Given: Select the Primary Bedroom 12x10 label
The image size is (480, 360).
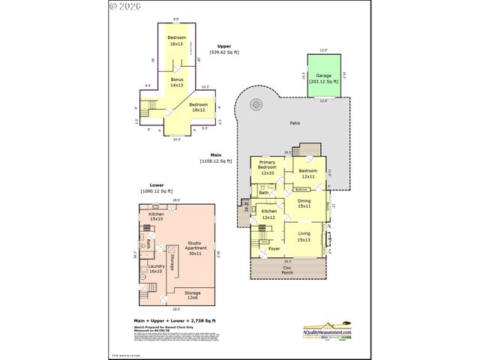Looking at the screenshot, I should point(266,167).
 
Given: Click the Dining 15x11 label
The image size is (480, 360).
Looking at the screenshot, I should point(304,202).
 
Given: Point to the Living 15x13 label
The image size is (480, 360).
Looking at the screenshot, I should point(304,237).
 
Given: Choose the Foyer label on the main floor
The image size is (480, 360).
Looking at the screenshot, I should point(274,248).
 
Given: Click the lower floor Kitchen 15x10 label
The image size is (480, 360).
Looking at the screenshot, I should point(155,217).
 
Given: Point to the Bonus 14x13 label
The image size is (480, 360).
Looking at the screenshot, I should point(176,82).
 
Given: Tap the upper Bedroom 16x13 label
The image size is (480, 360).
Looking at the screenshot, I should point(177,41).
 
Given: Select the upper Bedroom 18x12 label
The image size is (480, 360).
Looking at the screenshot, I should point(198,106).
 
